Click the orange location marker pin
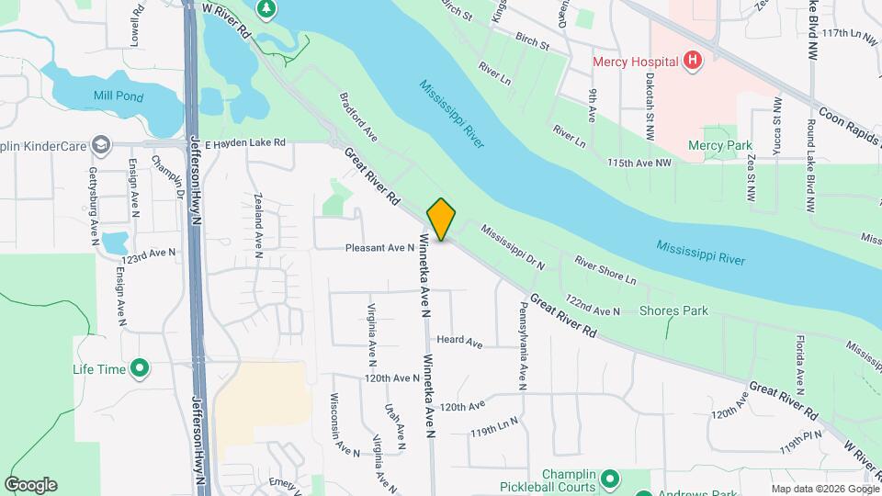click(x=441, y=220)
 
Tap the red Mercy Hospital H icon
click(x=694, y=62)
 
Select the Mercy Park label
click(x=719, y=145)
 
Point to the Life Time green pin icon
click(x=140, y=369)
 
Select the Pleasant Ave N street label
click(x=380, y=248)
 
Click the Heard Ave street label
click(x=459, y=343)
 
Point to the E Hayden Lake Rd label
click(x=245, y=143)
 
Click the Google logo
click(x=30, y=485)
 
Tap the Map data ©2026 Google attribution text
click(x=824, y=489)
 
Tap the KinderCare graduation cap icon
click(x=100, y=144)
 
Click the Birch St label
click(x=532, y=44)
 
